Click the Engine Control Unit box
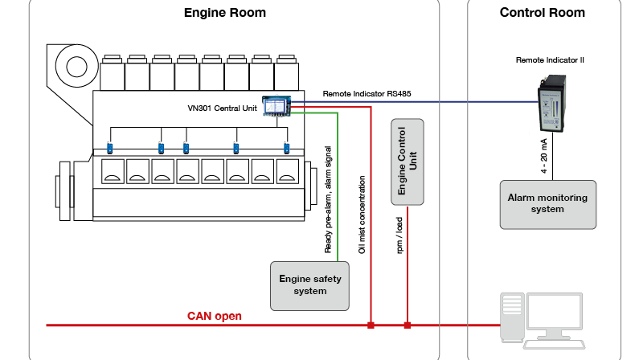[408, 162]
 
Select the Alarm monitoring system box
[547, 204]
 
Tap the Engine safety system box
[310, 285]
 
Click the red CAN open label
[215, 316]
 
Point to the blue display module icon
[276, 105]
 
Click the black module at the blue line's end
[552, 103]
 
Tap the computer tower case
[512, 318]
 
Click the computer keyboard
[554, 344]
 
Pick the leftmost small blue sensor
[110, 148]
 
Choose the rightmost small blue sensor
[287, 148]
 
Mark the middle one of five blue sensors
[186, 148]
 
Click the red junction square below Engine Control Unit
[408, 325]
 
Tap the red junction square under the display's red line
[371, 325]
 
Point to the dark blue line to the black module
[418, 101]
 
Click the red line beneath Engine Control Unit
[408, 265]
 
